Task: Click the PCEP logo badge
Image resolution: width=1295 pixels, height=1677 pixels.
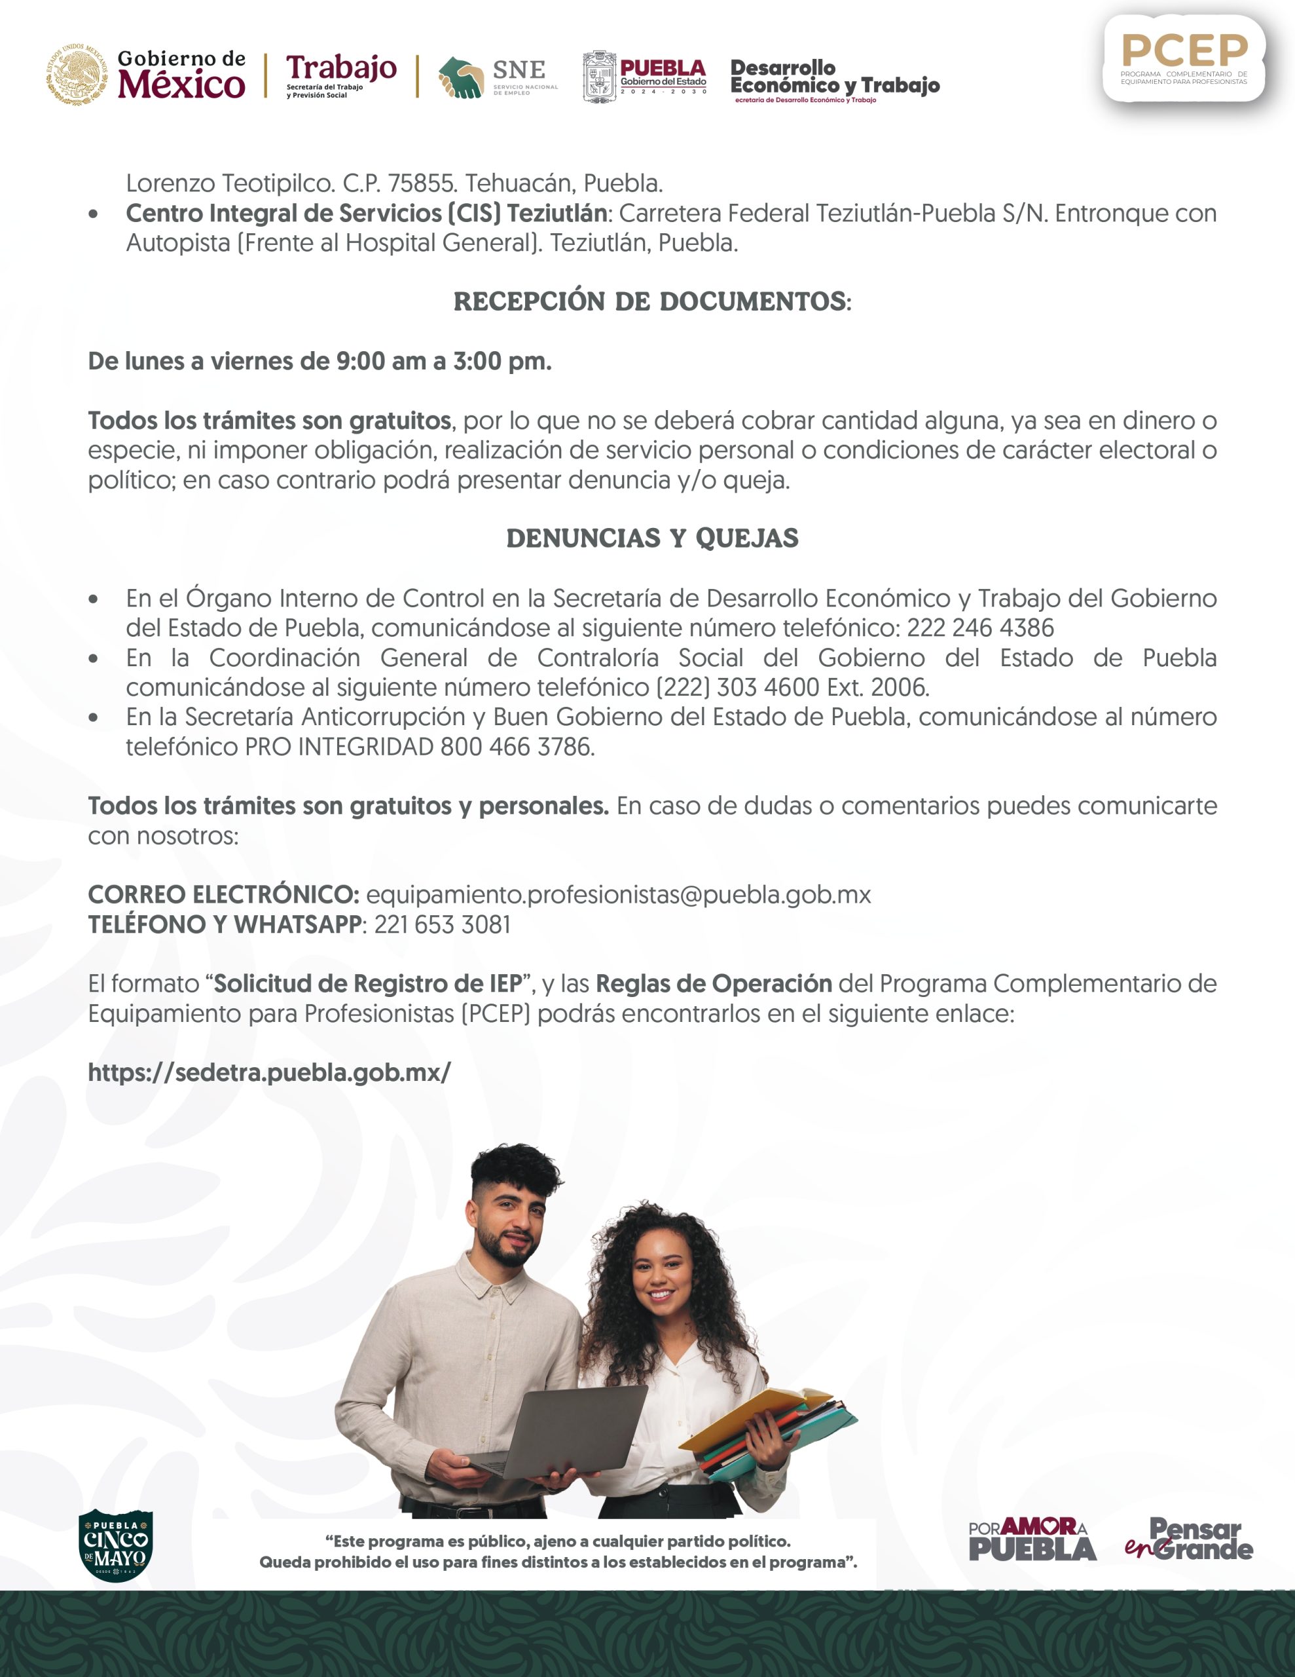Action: pos(1184,58)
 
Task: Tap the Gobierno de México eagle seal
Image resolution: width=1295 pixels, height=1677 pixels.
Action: pos(75,75)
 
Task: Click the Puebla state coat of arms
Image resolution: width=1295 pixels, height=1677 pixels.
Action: pos(599,77)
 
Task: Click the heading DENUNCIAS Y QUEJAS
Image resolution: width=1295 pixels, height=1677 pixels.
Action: pos(651,538)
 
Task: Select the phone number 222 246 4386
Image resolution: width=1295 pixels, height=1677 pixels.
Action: pos(980,628)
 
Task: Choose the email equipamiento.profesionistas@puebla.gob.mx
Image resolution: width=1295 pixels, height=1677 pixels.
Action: pos(618,895)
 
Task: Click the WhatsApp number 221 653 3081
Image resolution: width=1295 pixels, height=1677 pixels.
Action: pos(442,924)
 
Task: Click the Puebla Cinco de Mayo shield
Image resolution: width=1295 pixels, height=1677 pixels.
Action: pos(116,1543)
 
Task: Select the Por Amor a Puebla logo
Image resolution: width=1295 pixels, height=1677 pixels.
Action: pos(1032,1539)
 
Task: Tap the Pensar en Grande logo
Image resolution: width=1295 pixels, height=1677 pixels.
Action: pos(1189,1539)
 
